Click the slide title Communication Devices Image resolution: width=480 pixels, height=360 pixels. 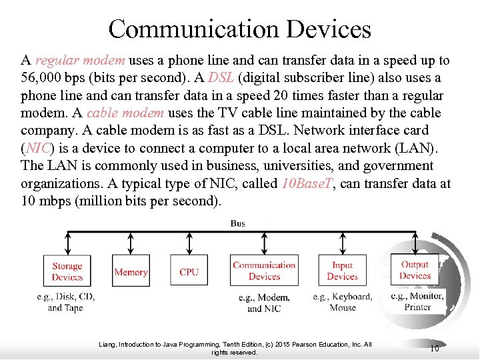[x=239, y=29]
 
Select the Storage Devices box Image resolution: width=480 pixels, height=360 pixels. [x=67, y=271]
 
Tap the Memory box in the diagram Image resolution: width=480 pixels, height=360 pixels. [x=131, y=271]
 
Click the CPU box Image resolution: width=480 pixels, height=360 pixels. [x=189, y=271]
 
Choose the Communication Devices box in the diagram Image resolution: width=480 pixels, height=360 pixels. [x=264, y=271]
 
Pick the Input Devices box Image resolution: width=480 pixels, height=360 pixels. [x=342, y=271]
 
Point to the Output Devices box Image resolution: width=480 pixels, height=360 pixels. [x=415, y=270]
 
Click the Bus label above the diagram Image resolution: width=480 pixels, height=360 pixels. [x=238, y=223]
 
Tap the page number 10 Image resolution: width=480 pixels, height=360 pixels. [x=434, y=348]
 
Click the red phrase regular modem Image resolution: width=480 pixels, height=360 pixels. [x=80, y=61]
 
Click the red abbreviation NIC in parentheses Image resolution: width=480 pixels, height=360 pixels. [x=37, y=148]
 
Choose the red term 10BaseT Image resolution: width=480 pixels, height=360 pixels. [x=306, y=183]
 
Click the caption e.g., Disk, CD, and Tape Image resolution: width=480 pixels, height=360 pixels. [x=65, y=301]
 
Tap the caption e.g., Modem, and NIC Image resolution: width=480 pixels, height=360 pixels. [x=264, y=303]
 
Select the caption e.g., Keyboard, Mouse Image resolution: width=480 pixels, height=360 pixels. [x=342, y=302]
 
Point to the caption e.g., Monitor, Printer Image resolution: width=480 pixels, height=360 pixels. [x=417, y=301]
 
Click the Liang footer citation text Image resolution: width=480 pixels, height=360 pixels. [x=235, y=348]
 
